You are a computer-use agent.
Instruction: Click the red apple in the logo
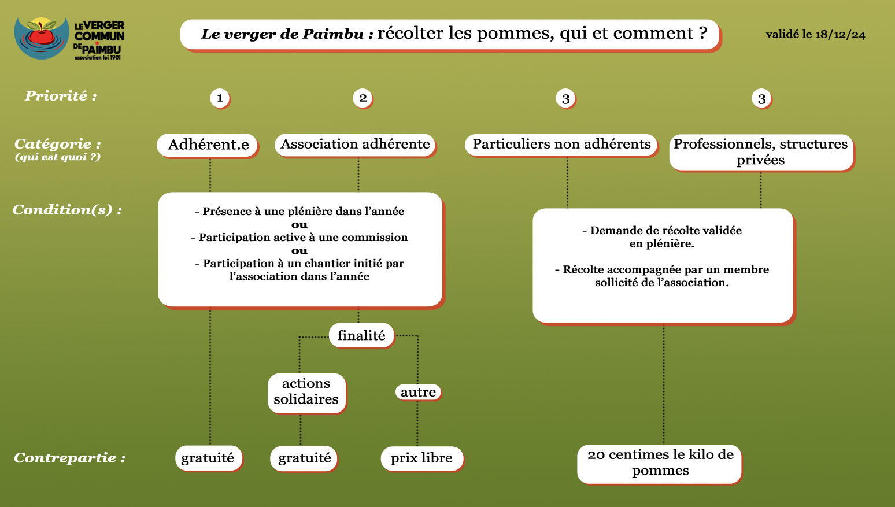pos(42,36)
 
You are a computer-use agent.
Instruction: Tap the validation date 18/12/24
pos(840,34)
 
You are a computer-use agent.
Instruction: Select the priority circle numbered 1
pos(220,98)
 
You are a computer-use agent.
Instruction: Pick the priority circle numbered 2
pos(363,98)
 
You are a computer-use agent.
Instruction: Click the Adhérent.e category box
pos(208,145)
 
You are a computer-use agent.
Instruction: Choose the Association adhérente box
pos(355,144)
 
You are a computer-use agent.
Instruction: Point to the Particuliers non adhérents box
pos(561,144)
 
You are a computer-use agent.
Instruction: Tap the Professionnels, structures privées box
pos(761,153)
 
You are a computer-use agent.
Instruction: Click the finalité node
pos(361,335)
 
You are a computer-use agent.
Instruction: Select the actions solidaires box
pos(306,393)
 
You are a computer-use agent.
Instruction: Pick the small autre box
pos(419,392)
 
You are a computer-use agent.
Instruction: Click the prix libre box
pos(422,458)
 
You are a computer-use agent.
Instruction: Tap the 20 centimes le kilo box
pos(660,464)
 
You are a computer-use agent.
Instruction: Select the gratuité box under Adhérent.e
pos(209,458)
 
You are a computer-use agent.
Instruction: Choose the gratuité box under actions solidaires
pos(304,458)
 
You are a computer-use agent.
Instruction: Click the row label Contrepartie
pos(70,458)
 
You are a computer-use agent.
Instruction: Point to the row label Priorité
pos(61,96)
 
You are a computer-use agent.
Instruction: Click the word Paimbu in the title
pos(332,34)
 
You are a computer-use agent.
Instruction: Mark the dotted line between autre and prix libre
pos(417,423)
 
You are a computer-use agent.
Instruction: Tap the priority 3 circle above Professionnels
pos(761,99)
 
